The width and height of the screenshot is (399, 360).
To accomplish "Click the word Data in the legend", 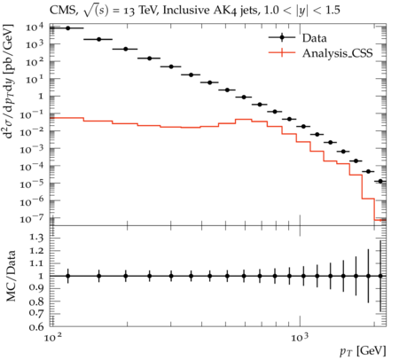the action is (315, 38).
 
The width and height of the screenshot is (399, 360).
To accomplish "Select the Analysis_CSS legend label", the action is (337, 53).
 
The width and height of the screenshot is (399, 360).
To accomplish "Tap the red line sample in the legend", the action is (282, 53).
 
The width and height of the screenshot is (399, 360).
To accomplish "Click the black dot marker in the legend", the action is (282, 37).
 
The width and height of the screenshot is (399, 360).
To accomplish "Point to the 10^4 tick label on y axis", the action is (35, 27).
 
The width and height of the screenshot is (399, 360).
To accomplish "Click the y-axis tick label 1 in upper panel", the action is (41, 97).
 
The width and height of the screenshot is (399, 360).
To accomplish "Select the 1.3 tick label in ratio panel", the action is (36, 238).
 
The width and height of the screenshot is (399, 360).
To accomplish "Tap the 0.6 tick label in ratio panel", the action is (36, 326).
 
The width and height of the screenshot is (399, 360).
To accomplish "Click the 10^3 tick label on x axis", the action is (300, 337).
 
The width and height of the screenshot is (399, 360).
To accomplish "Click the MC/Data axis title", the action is (12, 276).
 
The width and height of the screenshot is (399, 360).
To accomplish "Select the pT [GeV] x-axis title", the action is (363, 351).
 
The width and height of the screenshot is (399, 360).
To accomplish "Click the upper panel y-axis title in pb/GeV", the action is (9, 82).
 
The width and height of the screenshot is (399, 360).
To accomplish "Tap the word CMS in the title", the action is (64, 11).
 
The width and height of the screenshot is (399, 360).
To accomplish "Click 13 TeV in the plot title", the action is (136, 11).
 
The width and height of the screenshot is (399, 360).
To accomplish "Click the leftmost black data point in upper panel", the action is (68, 28).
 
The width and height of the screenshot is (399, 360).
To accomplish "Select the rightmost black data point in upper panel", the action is (380, 181).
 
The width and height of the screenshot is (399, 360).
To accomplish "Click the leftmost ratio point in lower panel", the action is (68, 276).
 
